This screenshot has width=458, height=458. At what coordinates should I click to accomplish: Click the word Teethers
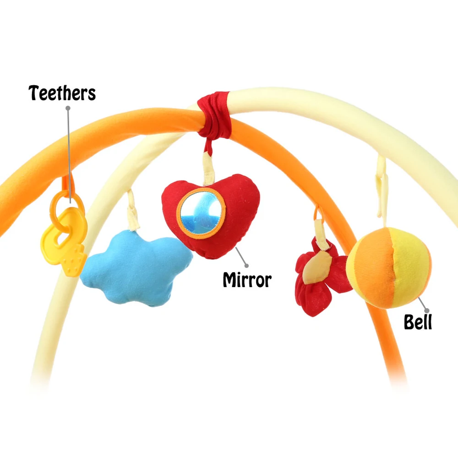point(62,93)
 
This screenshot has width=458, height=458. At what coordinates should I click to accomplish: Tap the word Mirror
point(247,279)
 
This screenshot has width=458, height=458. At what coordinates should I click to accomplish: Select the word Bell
point(418,322)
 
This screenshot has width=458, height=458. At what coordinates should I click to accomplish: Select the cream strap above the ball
point(381,192)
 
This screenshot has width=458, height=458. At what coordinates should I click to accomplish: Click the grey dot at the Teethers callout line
point(68,108)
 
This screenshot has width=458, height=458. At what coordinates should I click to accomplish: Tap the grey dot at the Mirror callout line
point(246,265)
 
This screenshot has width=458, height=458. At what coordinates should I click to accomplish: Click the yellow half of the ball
point(410,266)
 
